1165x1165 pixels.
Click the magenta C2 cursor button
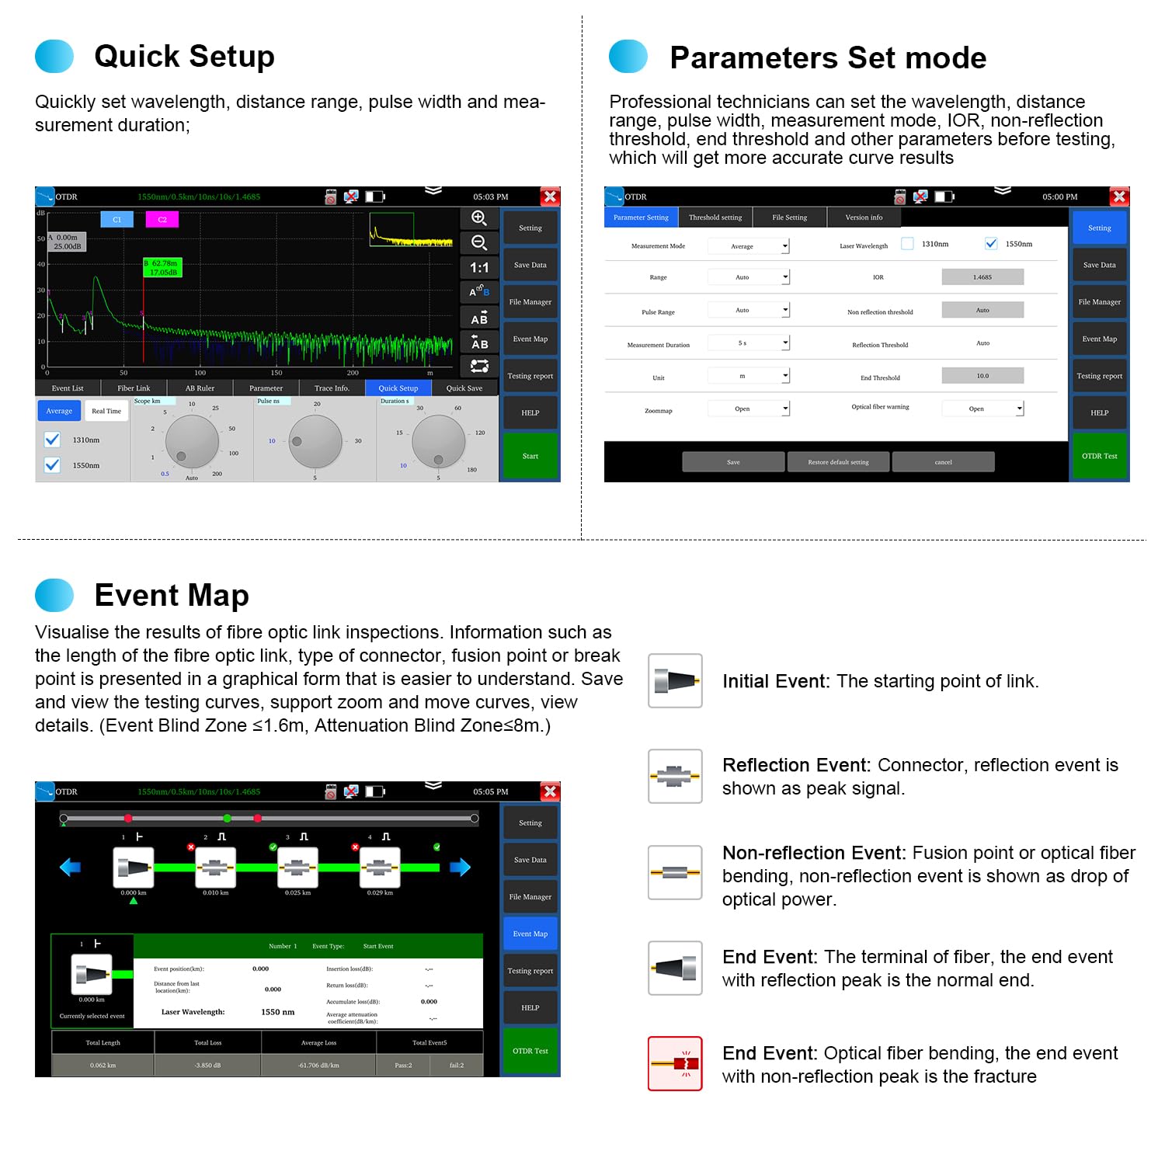click(x=162, y=220)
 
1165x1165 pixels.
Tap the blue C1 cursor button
click(x=117, y=220)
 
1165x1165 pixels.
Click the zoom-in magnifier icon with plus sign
click(x=479, y=218)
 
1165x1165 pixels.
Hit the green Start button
click(x=530, y=456)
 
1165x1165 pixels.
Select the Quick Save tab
click(x=464, y=388)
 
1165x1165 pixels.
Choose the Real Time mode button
click(x=106, y=411)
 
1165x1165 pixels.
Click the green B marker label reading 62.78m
click(x=163, y=268)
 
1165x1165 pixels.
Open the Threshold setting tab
click(x=715, y=217)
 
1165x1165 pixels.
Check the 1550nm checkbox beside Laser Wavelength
click(x=991, y=244)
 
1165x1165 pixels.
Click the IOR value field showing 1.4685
click(x=982, y=277)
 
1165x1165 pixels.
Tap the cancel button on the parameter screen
click(x=943, y=462)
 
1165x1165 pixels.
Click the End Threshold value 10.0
click(x=982, y=376)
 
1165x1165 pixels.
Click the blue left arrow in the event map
click(x=71, y=867)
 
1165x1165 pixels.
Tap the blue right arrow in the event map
click(x=460, y=867)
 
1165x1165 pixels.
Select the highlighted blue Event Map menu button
click(x=530, y=934)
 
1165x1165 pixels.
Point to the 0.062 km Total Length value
click(x=103, y=1065)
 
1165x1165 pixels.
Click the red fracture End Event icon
click(x=675, y=1063)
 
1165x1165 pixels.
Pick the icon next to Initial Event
click(x=675, y=681)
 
